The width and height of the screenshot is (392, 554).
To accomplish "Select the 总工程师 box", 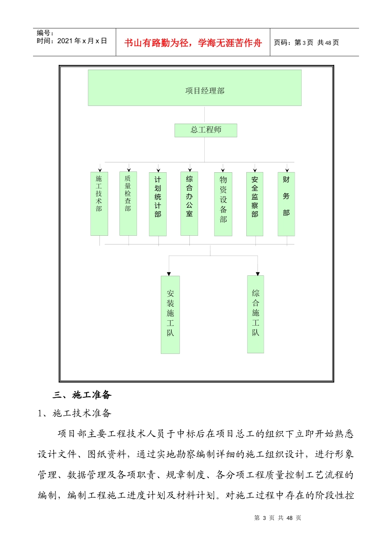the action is [x=205, y=130].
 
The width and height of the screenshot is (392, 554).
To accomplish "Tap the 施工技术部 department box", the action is [x=99, y=204].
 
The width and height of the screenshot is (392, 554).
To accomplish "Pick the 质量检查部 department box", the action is [x=128, y=204].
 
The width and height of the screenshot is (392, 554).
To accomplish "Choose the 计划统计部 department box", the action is [x=158, y=204].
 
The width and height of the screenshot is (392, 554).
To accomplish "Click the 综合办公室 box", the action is [x=189, y=204].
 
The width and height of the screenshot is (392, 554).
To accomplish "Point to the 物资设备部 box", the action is [x=223, y=204].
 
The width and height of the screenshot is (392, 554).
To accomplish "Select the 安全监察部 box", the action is [x=255, y=204].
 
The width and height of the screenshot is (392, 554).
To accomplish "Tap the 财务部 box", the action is [x=286, y=204].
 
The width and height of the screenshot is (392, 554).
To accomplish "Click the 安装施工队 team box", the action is [x=170, y=315].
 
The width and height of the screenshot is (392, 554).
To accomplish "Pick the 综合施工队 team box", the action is [x=255, y=314].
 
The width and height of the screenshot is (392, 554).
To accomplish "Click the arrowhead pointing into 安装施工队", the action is [x=169, y=274].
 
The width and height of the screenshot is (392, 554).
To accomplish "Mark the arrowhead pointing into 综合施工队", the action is [x=257, y=274].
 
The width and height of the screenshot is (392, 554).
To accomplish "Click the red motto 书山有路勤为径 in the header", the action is [x=193, y=43].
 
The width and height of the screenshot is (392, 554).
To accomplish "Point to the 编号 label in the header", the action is [x=45, y=33].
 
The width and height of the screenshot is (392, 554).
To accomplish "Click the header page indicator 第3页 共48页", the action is [x=306, y=42].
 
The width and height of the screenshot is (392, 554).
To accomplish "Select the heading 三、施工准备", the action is [x=82, y=395].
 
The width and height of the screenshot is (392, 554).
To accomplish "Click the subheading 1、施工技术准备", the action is [x=75, y=413].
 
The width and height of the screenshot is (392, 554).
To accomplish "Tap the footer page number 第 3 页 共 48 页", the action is [x=278, y=518].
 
